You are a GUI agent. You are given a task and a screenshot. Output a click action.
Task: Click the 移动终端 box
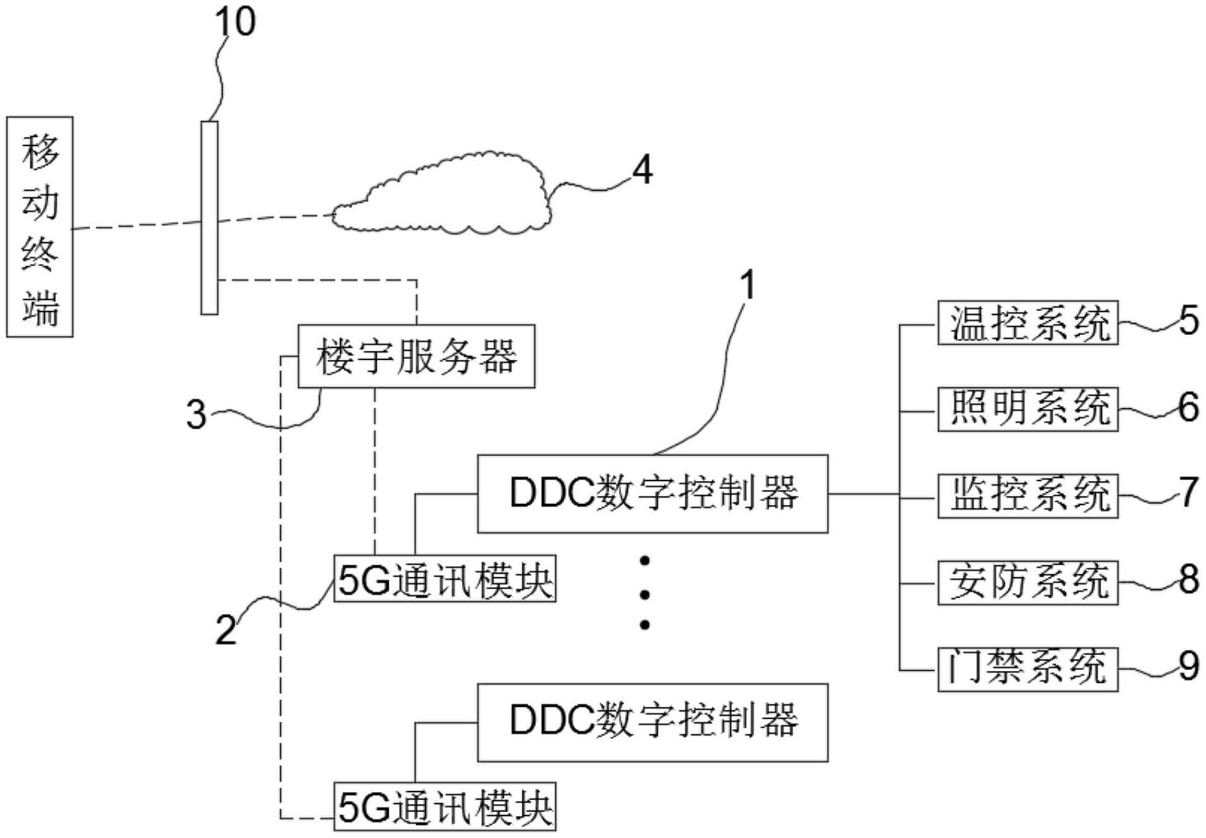[39, 227]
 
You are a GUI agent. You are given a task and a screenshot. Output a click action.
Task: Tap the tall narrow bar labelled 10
[210, 218]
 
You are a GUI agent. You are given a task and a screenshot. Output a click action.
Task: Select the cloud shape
[442, 196]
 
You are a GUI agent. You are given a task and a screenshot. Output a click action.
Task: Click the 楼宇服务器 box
[416, 356]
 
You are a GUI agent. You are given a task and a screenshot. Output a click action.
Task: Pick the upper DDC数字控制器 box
[652, 493]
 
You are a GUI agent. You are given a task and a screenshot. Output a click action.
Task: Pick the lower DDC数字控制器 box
[652, 722]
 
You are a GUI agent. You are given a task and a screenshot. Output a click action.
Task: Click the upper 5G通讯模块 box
[444, 579]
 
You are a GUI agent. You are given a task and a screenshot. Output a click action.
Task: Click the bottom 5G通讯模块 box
[444, 806]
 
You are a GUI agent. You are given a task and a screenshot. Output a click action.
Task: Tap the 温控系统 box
[1027, 322]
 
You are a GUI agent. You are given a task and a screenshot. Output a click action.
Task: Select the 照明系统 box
[1027, 409]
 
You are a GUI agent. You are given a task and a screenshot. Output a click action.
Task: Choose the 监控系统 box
[1027, 495]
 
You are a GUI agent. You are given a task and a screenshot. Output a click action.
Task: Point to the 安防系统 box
[1027, 582]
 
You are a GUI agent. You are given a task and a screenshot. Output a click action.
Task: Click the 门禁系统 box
[1027, 669]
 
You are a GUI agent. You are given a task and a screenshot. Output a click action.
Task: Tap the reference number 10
[235, 21]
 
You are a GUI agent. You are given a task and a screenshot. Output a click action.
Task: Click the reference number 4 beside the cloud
[642, 170]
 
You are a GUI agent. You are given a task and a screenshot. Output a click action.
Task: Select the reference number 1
[747, 285]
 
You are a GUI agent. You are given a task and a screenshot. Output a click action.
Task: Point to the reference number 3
[196, 415]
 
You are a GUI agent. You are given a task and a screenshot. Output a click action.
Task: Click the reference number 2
[225, 630]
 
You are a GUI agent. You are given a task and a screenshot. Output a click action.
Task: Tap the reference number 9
[1188, 666]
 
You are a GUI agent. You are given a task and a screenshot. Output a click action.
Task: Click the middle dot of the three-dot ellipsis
[644, 593]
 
